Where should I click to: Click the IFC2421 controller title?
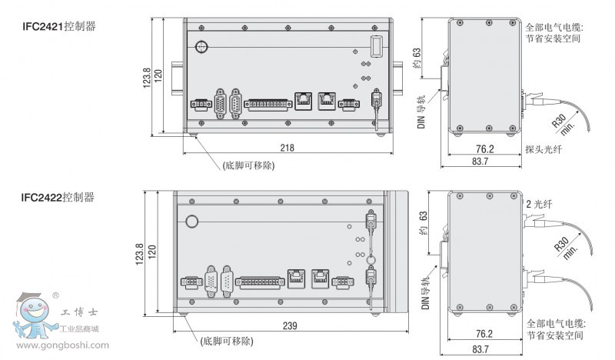tap(59, 27)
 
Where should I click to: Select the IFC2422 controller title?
tap(58, 197)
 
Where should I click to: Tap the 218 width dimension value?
tap(287, 148)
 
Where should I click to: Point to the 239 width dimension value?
tap(290, 326)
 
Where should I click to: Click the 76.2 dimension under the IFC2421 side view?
tap(485, 149)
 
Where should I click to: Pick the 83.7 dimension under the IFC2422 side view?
tap(480, 349)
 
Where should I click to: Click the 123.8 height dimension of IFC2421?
tap(146, 78)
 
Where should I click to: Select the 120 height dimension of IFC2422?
tap(152, 252)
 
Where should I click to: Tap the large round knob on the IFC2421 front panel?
tap(201, 47)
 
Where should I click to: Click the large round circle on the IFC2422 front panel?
tap(191, 222)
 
